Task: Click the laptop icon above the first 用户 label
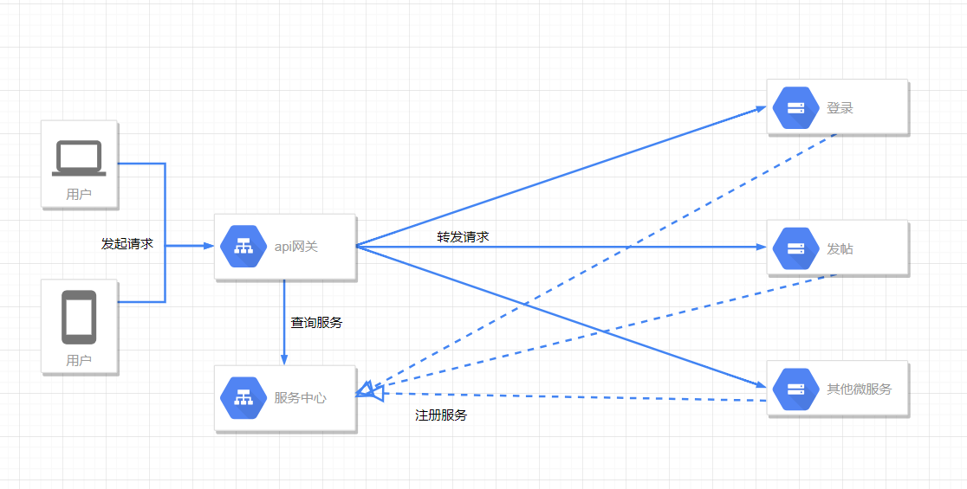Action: (x=79, y=158)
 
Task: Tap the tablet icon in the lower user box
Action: (x=79, y=318)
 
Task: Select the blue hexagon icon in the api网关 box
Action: (x=242, y=247)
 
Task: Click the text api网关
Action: (x=296, y=247)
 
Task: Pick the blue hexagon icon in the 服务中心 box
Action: (x=242, y=398)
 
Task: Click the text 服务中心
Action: (x=301, y=398)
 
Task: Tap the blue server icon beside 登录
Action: (x=795, y=108)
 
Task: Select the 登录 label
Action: (x=840, y=108)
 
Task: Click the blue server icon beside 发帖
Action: (x=795, y=248)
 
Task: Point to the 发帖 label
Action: (x=840, y=249)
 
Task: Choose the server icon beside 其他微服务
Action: (x=795, y=389)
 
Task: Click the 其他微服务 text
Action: (x=859, y=389)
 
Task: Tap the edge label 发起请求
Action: (x=127, y=244)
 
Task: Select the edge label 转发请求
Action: (x=463, y=236)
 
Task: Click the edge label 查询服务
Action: (x=316, y=323)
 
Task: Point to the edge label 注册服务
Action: (x=441, y=415)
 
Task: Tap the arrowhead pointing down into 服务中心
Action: (x=284, y=359)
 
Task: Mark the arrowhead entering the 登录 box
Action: (x=760, y=109)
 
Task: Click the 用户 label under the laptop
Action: (x=79, y=195)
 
